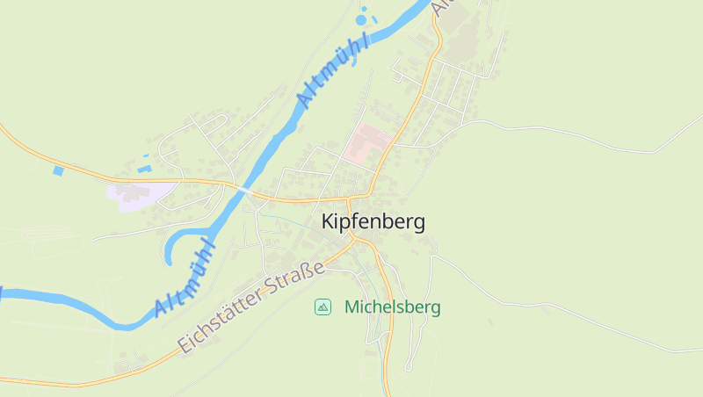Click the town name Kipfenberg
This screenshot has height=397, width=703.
[x=373, y=222]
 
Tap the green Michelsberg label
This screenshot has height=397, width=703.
[x=392, y=307]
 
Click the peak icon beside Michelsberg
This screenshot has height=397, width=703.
[x=323, y=307]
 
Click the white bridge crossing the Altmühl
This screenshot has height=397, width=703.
[x=244, y=190]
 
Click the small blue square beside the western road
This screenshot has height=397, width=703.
[x=59, y=170]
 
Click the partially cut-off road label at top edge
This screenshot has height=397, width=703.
[x=443, y=7]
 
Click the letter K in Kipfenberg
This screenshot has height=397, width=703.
[x=329, y=222]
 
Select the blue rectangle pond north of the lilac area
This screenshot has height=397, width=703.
[x=145, y=167]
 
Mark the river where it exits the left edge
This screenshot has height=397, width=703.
[x=4, y=292]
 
